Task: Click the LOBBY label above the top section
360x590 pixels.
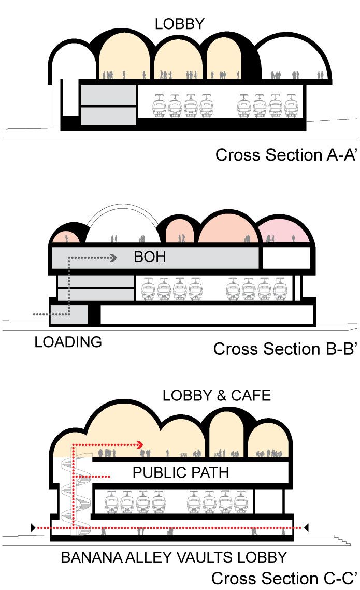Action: [179, 24]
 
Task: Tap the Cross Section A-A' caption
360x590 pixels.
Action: [285, 155]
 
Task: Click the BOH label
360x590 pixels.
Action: [150, 256]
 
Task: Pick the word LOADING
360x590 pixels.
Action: [68, 342]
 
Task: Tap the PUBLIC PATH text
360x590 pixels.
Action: [180, 472]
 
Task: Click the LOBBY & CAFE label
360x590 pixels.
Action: [216, 396]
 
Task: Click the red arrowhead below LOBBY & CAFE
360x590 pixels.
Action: [139, 444]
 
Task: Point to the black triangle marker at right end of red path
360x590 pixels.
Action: [306, 527]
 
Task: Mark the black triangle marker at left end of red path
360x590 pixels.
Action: [34, 527]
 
